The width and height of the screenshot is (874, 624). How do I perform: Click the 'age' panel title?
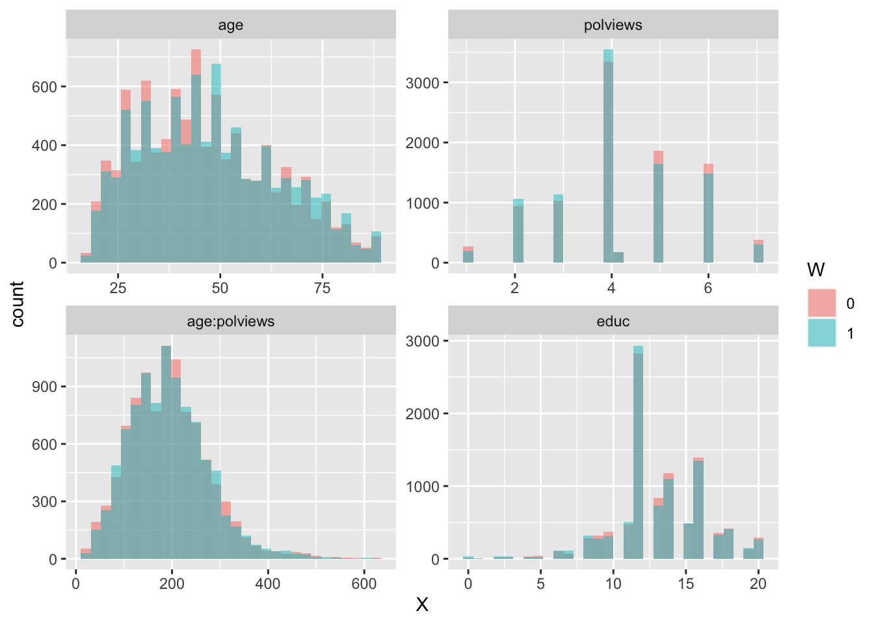point(230,25)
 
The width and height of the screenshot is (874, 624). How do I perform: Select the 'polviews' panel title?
point(613,25)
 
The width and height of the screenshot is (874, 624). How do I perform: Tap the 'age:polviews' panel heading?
point(230,321)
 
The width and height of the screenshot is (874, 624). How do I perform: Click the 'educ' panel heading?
point(613,321)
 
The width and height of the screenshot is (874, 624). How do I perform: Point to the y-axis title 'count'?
point(18,304)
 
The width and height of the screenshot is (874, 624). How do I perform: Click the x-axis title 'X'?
point(422,605)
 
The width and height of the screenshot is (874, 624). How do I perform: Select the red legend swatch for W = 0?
point(822,304)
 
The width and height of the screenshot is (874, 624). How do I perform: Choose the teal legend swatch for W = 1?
point(822,333)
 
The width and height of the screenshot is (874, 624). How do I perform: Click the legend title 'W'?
point(815,270)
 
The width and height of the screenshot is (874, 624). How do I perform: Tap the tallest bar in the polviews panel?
point(608,156)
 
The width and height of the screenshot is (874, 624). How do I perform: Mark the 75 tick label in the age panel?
point(323,288)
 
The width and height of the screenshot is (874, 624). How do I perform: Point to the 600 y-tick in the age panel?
point(45,86)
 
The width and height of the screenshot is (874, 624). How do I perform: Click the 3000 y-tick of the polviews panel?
point(422,83)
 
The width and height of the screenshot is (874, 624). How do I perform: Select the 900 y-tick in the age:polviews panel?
point(45,387)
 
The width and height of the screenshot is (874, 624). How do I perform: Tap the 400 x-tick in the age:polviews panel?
point(268,584)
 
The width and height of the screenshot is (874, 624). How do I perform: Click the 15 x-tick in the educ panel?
point(685,584)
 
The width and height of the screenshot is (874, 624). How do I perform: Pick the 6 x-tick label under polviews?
point(708,288)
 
